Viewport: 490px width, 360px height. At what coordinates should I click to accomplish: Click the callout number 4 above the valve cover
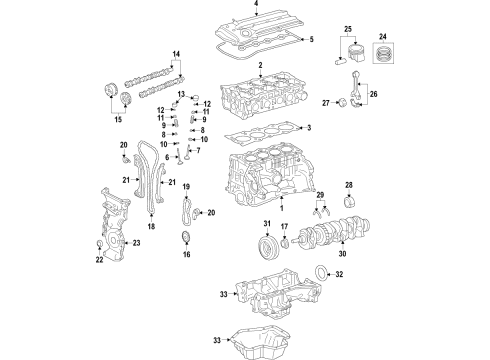pos(256,5)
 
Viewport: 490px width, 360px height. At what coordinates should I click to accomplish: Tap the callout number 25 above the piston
pos(349,29)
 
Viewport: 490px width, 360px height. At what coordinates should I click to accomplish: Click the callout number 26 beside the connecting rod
pos(375,96)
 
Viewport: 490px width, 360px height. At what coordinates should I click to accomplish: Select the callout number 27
pos(325,102)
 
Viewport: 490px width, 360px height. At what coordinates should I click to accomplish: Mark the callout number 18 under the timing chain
pos(152,228)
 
